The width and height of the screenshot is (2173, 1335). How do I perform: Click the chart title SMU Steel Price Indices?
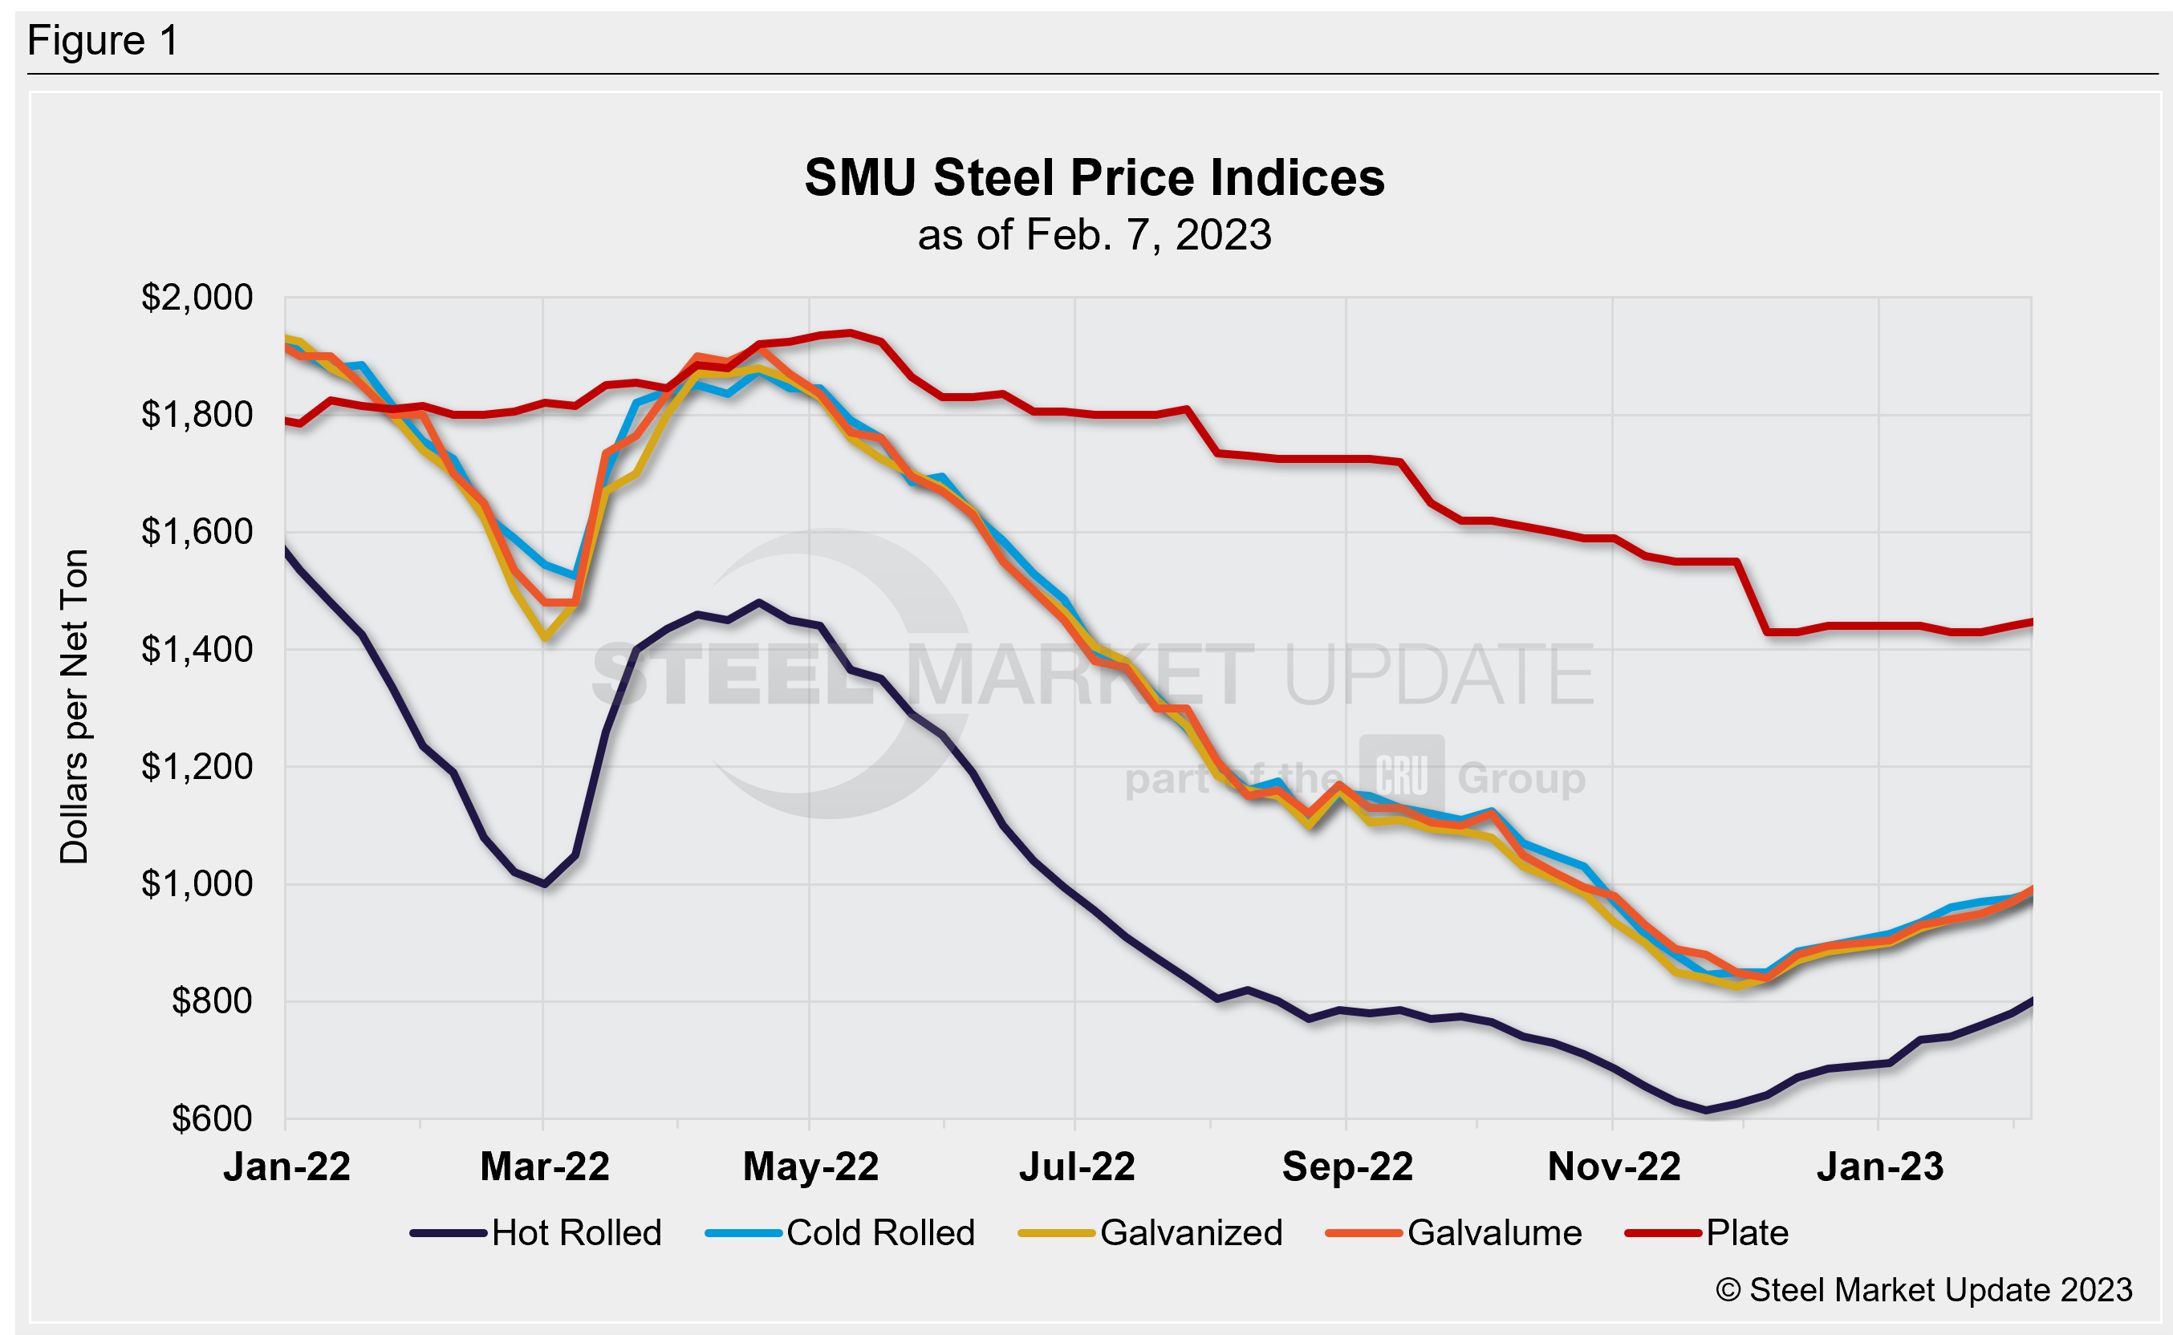tap(1094, 177)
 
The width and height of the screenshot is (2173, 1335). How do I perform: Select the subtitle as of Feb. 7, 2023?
tap(1094, 235)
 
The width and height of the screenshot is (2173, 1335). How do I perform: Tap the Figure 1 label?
tap(104, 41)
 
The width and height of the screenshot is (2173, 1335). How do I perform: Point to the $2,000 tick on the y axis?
tap(197, 298)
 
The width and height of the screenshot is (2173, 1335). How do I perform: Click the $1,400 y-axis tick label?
tap(197, 650)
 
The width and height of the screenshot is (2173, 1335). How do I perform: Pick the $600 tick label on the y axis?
tap(212, 1118)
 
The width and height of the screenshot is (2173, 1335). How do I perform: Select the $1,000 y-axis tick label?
tap(197, 884)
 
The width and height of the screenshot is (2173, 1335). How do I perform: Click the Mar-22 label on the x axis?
tap(544, 1167)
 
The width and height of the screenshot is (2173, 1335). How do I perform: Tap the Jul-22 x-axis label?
tap(1076, 1167)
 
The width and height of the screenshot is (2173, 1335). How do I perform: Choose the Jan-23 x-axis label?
tap(1880, 1167)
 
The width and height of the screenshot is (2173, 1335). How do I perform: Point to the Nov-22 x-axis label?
tap(1613, 1167)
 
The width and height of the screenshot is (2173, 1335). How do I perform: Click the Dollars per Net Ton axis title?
tap(74, 706)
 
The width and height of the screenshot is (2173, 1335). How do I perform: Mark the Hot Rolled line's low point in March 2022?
tap(545, 884)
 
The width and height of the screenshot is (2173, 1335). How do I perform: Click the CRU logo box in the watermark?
tap(1401, 776)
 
